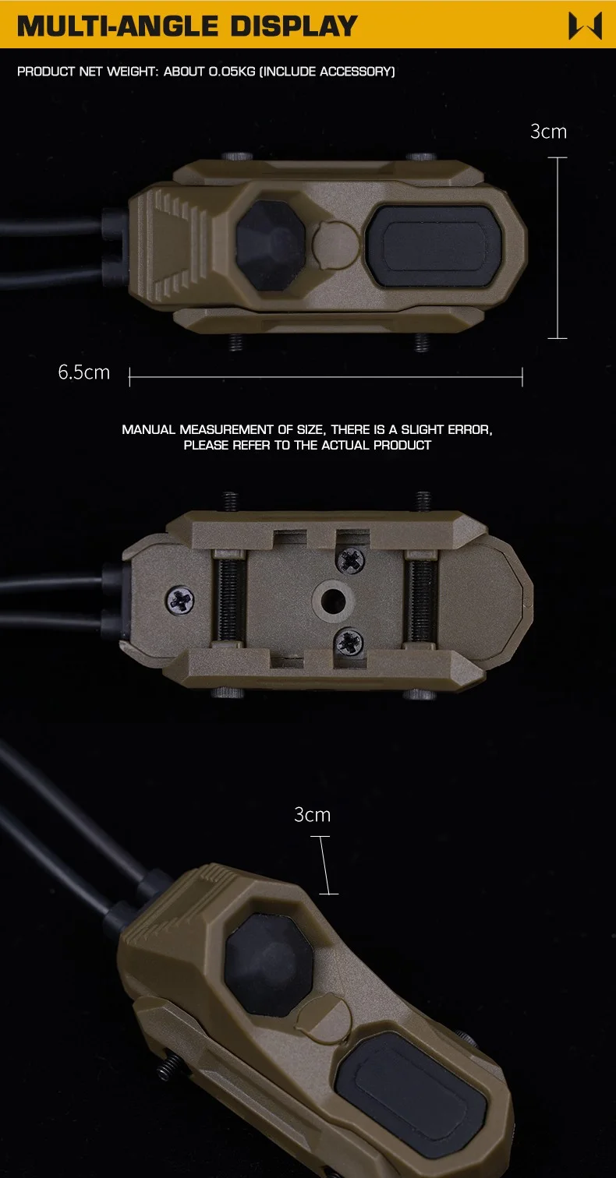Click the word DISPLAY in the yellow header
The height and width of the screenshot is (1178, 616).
[294, 26]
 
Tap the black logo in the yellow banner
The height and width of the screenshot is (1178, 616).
[585, 26]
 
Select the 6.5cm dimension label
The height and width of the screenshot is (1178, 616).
[83, 372]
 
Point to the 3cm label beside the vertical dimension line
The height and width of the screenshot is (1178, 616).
[548, 132]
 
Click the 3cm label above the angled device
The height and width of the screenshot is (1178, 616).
[312, 815]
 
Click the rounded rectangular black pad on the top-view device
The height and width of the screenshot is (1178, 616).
[434, 246]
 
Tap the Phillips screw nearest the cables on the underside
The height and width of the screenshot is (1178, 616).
[180, 601]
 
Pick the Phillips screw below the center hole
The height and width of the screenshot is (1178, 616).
[349, 642]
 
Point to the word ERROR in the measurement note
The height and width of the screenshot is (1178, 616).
[469, 429]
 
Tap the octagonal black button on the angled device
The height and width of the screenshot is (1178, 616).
[269, 965]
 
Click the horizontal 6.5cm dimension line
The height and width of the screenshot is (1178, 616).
[326, 377]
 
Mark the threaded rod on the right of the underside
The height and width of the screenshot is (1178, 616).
[420, 600]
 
